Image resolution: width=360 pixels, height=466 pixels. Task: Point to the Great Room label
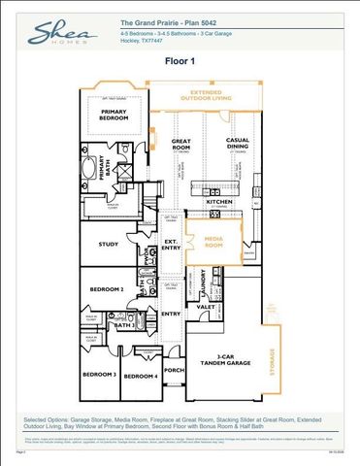(182, 144)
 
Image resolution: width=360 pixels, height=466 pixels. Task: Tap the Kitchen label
(219, 202)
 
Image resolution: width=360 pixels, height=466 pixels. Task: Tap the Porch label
(174, 369)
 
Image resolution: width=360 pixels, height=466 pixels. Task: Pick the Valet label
(206, 306)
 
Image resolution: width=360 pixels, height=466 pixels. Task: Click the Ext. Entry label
(170, 245)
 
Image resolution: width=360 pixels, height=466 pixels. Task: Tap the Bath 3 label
(125, 326)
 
